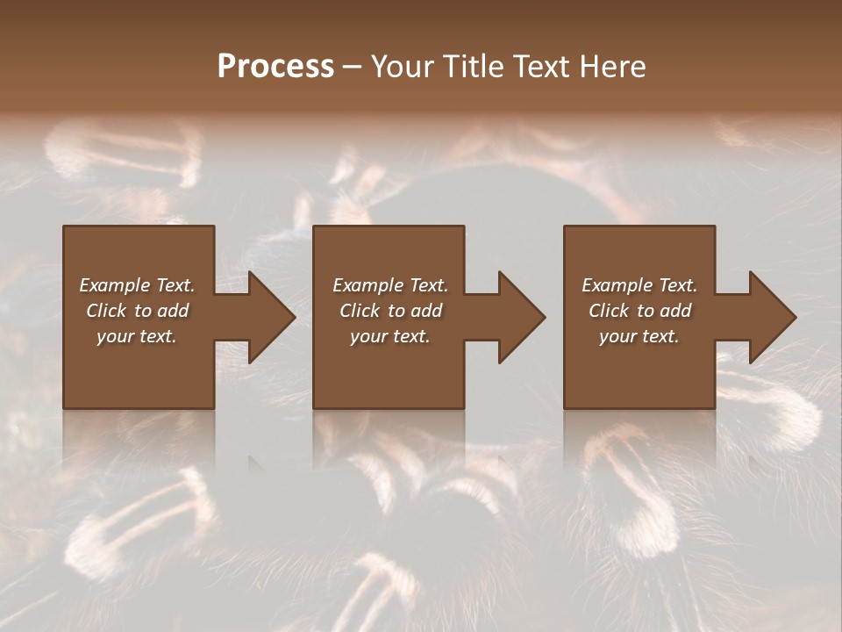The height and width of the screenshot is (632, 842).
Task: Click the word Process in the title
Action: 275,67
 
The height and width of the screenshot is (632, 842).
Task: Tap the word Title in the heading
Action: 475,67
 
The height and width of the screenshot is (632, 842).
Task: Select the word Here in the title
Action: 613,67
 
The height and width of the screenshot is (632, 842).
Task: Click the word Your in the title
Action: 404,67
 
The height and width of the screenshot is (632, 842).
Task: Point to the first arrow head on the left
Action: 268,317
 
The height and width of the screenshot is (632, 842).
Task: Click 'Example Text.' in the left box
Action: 137,285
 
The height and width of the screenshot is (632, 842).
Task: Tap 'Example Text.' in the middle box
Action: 389,285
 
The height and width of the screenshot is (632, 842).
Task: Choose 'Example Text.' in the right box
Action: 639,285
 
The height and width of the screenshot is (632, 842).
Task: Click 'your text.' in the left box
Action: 137,336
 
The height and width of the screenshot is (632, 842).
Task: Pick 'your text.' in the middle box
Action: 389,336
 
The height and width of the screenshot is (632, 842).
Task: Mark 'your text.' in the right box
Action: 639,336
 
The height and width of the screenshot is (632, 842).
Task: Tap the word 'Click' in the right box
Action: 610,311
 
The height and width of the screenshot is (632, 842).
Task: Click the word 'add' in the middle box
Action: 426,311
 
